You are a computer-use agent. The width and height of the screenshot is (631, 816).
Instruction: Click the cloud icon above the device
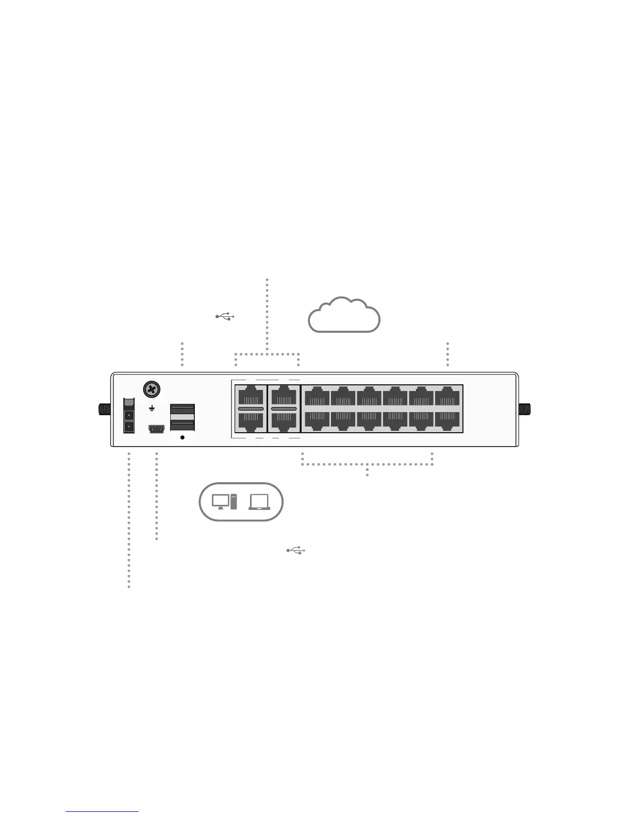pyautogui.click(x=344, y=315)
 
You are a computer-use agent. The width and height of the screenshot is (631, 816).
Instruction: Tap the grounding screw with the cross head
pyautogui.click(x=152, y=389)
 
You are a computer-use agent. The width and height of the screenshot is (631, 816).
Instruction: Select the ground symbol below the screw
pyautogui.click(x=152, y=409)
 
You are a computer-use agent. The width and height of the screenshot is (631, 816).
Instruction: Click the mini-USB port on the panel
pyautogui.click(x=156, y=428)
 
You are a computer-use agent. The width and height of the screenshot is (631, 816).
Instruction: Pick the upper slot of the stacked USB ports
pyautogui.click(x=182, y=411)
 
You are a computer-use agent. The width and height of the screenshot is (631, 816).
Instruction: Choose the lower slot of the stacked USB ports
pyautogui.click(x=182, y=425)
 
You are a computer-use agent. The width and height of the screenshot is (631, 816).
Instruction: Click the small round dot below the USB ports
pyautogui.click(x=182, y=437)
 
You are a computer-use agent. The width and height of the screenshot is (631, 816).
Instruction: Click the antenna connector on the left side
pyautogui.click(x=105, y=410)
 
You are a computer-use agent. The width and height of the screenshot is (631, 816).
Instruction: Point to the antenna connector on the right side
pyautogui.click(x=525, y=410)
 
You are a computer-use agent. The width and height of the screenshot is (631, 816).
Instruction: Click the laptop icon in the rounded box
pyautogui.click(x=259, y=501)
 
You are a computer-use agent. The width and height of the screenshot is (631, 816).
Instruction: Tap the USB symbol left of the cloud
pyautogui.click(x=225, y=316)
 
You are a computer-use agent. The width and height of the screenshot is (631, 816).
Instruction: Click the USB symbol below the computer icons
pyautogui.click(x=296, y=551)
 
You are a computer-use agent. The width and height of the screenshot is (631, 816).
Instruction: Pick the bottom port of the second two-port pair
pyautogui.click(x=284, y=421)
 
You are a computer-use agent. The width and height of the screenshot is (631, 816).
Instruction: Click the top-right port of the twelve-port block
pyautogui.click(x=447, y=397)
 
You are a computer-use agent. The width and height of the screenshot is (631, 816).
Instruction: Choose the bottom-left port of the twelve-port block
pyautogui.click(x=317, y=420)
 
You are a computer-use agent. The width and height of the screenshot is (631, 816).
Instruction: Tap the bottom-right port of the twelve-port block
pyautogui.click(x=447, y=420)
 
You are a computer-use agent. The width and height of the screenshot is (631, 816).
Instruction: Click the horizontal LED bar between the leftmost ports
pyautogui.click(x=251, y=409)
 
